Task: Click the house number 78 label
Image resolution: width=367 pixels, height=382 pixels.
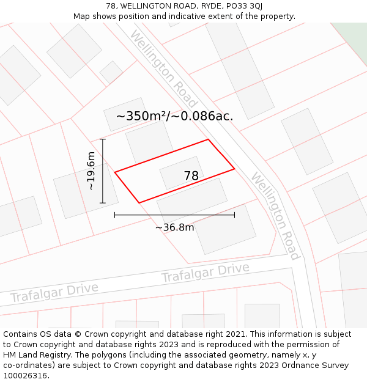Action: point(191,176)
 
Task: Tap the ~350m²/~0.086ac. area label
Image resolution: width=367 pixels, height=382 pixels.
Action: point(174,116)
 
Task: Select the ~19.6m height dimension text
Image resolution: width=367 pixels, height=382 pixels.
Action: point(91,171)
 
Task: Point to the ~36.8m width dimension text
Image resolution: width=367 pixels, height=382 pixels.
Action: point(174,228)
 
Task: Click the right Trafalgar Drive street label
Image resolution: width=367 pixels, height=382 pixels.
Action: point(205,273)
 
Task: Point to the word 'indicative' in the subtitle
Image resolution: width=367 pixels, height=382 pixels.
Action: point(173,16)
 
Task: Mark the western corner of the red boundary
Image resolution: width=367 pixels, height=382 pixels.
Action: point(115,173)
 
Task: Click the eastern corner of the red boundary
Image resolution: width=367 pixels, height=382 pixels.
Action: point(234,169)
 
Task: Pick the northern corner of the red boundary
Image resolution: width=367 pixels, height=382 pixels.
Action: point(209,139)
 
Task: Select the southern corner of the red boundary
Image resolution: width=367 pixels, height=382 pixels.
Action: point(139,202)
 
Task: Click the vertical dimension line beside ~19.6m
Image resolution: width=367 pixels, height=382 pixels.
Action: point(103,171)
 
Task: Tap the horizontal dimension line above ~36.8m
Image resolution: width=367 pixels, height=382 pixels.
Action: point(174,215)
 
